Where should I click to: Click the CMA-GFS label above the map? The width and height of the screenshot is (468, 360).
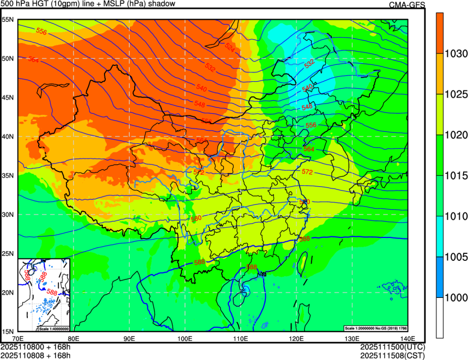(x=406, y=5)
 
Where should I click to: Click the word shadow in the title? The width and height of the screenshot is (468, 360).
(x=162, y=4)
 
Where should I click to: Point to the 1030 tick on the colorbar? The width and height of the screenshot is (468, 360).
(x=455, y=54)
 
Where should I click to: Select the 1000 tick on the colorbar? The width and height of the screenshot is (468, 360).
(x=455, y=297)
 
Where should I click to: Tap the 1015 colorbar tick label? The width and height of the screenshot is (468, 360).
(x=455, y=176)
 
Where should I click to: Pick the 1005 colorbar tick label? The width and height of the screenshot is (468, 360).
(x=455, y=257)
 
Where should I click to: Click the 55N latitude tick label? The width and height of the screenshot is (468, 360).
(x=8, y=20)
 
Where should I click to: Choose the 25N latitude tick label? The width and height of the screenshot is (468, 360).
(x=8, y=254)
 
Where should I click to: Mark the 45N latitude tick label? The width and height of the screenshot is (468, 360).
(x=8, y=97)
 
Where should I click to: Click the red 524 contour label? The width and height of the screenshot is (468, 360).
(x=230, y=48)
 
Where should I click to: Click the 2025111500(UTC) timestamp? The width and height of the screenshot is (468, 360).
(x=392, y=347)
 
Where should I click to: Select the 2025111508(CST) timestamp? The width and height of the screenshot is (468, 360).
(x=392, y=356)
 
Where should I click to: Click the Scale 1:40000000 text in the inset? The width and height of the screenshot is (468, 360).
(x=53, y=328)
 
